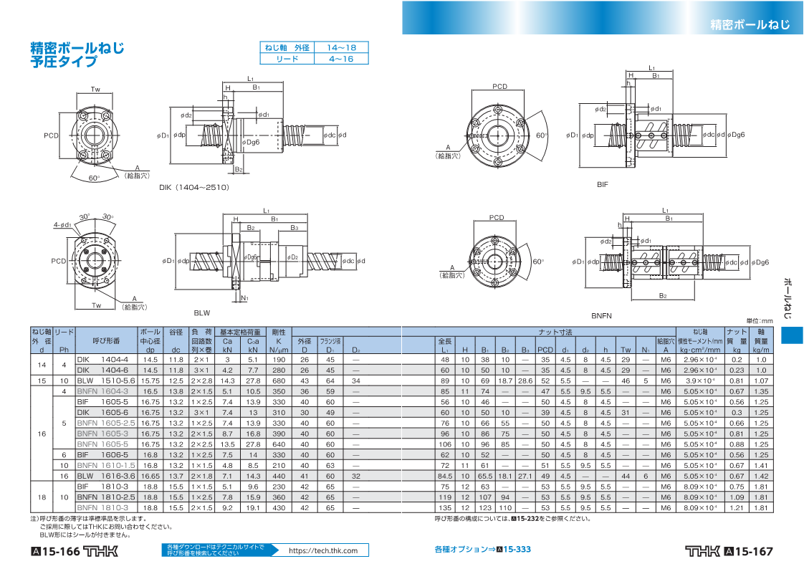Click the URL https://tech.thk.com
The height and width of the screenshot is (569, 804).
(x=323, y=550)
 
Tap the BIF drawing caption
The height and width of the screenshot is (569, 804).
(x=602, y=185)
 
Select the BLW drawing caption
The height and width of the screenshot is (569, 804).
(x=201, y=312)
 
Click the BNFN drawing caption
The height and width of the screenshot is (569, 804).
(x=600, y=315)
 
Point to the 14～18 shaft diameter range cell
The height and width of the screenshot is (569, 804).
(x=341, y=47)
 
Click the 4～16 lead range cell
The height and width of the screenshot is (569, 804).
(x=341, y=59)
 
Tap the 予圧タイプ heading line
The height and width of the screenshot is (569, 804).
(x=64, y=62)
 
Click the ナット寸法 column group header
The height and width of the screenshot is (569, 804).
(x=555, y=333)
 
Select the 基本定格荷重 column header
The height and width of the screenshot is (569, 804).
(x=240, y=333)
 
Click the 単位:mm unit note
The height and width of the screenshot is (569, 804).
(x=760, y=321)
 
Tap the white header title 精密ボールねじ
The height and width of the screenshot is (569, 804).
(x=750, y=24)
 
